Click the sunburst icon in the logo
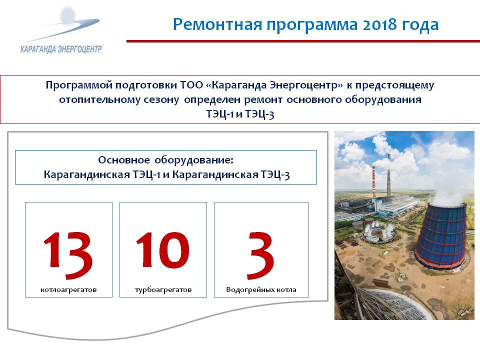[x=67, y=16]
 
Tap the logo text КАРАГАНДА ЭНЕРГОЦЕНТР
[x=61, y=49]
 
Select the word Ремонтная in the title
[x=217, y=24]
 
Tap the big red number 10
[x=162, y=249]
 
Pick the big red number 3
[x=260, y=255]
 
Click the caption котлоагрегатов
[x=68, y=289]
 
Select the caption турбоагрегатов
[x=163, y=289]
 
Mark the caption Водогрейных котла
[x=261, y=289]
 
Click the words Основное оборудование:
[x=165, y=160]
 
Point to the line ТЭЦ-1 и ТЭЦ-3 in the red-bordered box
[x=240, y=114]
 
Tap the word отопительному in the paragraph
[x=119, y=100]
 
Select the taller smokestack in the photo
[x=389, y=175]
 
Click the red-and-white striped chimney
[x=374, y=182]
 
